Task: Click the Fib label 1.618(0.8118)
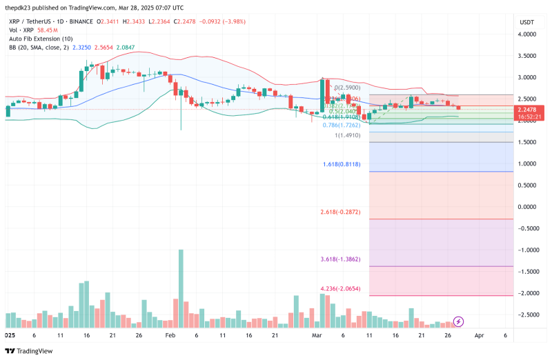tap(342, 165)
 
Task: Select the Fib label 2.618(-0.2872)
tap(341, 212)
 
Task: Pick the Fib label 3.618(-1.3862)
tap(341, 260)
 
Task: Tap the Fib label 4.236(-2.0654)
tap(341, 289)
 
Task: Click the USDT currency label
tap(526, 22)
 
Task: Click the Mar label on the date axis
tap(317, 334)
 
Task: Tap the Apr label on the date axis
tap(480, 334)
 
